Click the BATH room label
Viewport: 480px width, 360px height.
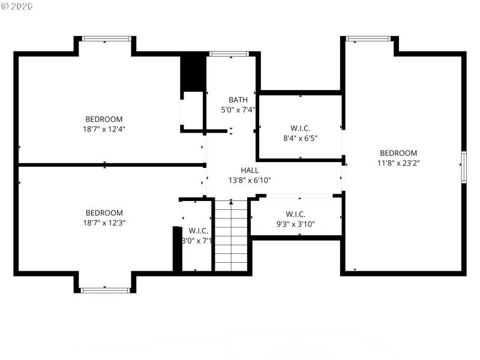[x=238, y=100]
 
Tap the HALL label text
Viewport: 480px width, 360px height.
[x=250, y=170]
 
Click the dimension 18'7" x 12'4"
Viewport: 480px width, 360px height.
[x=104, y=128]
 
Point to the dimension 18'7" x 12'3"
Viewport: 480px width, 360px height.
[x=104, y=222]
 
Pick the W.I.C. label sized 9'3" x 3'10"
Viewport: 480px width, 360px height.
[x=296, y=214]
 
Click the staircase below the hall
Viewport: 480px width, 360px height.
[x=231, y=236]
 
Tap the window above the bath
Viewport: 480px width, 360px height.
[x=229, y=54]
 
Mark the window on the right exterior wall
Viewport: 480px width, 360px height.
[x=463, y=166]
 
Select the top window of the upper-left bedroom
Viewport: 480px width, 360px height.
[x=105, y=39]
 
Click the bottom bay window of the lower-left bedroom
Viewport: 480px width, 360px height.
[x=105, y=290]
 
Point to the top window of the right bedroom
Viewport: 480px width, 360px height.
[x=368, y=39]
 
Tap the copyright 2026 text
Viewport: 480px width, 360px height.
[x=18, y=5]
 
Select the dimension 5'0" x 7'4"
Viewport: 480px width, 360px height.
[x=238, y=110]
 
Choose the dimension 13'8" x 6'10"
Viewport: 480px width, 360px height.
[x=250, y=180]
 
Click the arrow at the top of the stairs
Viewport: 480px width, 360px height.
[x=231, y=202]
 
